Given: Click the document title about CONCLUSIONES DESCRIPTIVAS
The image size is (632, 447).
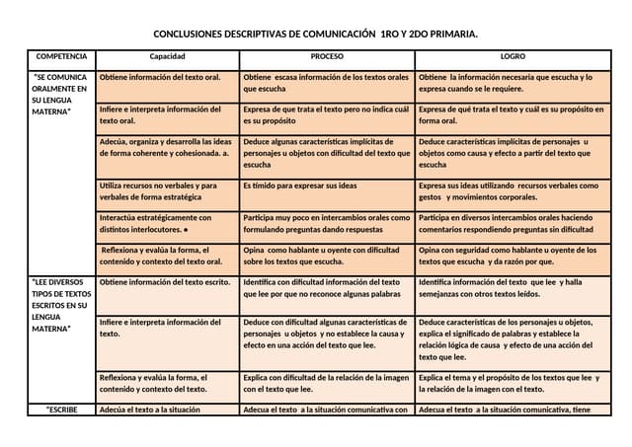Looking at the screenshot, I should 315,34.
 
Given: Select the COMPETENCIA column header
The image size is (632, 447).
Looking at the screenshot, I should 61,57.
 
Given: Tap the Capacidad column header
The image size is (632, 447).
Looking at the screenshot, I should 167,57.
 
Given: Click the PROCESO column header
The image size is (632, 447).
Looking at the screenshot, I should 327,57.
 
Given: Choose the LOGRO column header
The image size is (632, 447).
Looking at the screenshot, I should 513,57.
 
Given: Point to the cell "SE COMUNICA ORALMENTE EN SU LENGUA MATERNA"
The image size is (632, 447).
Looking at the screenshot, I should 61,95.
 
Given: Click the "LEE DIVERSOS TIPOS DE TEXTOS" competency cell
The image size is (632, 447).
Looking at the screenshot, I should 61,307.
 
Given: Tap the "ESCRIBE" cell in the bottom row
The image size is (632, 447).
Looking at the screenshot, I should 61,410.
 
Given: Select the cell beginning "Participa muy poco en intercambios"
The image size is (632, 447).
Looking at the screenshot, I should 326,223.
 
